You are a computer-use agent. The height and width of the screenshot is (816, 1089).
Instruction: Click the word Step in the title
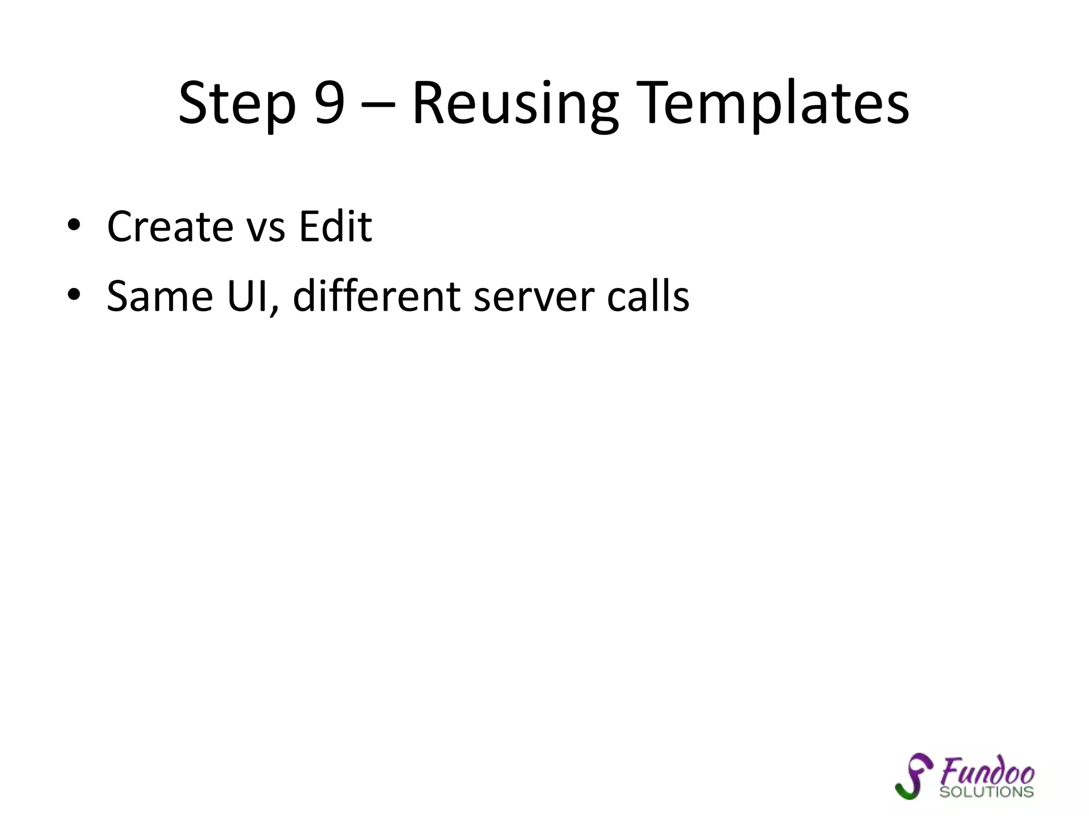(237, 104)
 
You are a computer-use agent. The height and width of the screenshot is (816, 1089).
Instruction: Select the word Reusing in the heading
(515, 104)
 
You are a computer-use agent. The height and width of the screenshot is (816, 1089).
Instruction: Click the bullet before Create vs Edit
(74, 226)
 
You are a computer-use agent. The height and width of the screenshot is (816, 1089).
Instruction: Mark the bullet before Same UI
(74, 295)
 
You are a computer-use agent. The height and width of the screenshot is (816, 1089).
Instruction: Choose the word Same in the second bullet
(160, 296)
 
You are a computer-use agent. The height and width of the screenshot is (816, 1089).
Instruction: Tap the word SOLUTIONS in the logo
(986, 792)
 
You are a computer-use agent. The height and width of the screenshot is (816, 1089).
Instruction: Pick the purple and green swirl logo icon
(914, 776)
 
